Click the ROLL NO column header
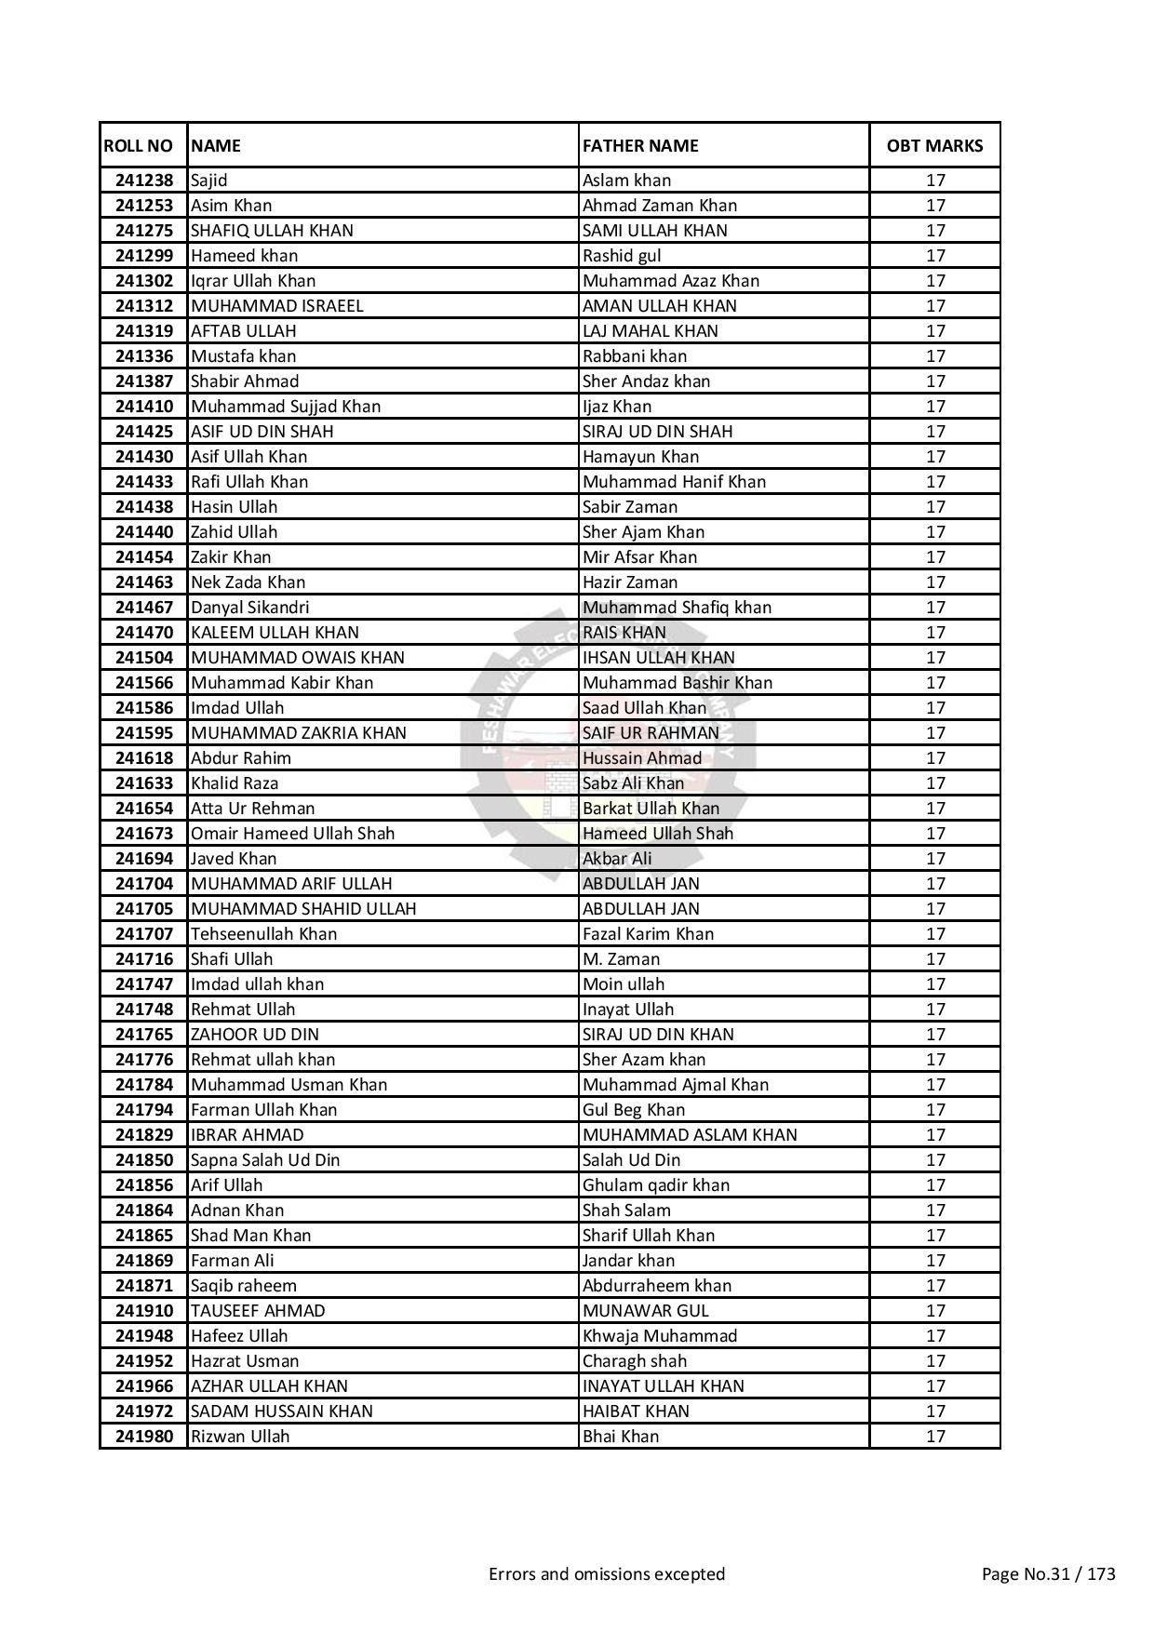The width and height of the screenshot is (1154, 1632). [x=139, y=146]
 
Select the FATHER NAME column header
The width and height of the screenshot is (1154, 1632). [x=640, y=146]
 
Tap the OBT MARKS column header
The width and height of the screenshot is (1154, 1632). [x=934, y=146]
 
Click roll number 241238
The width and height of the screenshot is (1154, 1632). [x=144, y=181]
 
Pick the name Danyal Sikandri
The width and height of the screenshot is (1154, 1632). [x=249, y=608]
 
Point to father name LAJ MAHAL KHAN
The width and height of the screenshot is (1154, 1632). [x=651, y=331]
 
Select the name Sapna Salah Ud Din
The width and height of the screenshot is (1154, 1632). [x=265, y=1160]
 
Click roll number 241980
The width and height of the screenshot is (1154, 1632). [x=144, y=1437]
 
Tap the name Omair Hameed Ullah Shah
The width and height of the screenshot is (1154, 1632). [x=292, y=834]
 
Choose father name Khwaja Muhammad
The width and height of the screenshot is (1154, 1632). [x=660, y=1336]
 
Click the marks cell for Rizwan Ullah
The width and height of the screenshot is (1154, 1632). [x=935, y=1437]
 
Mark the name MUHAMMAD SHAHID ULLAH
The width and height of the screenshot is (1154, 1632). [x=303, y=909]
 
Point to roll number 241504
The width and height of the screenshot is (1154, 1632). [x=144, y=658]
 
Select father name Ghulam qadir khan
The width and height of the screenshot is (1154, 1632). [x=656, y=1185]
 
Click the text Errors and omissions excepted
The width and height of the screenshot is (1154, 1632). [x=607, y=1574]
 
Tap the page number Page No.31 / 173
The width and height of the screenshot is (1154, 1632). [x=1049, y=1574]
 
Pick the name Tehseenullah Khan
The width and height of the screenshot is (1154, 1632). [x=263, y=934]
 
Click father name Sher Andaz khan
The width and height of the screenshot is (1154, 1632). [x=646, y=381]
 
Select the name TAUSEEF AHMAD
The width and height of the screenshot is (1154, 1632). [x=258, y=1311]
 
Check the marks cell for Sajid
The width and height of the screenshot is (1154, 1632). [x=935, y=181]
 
